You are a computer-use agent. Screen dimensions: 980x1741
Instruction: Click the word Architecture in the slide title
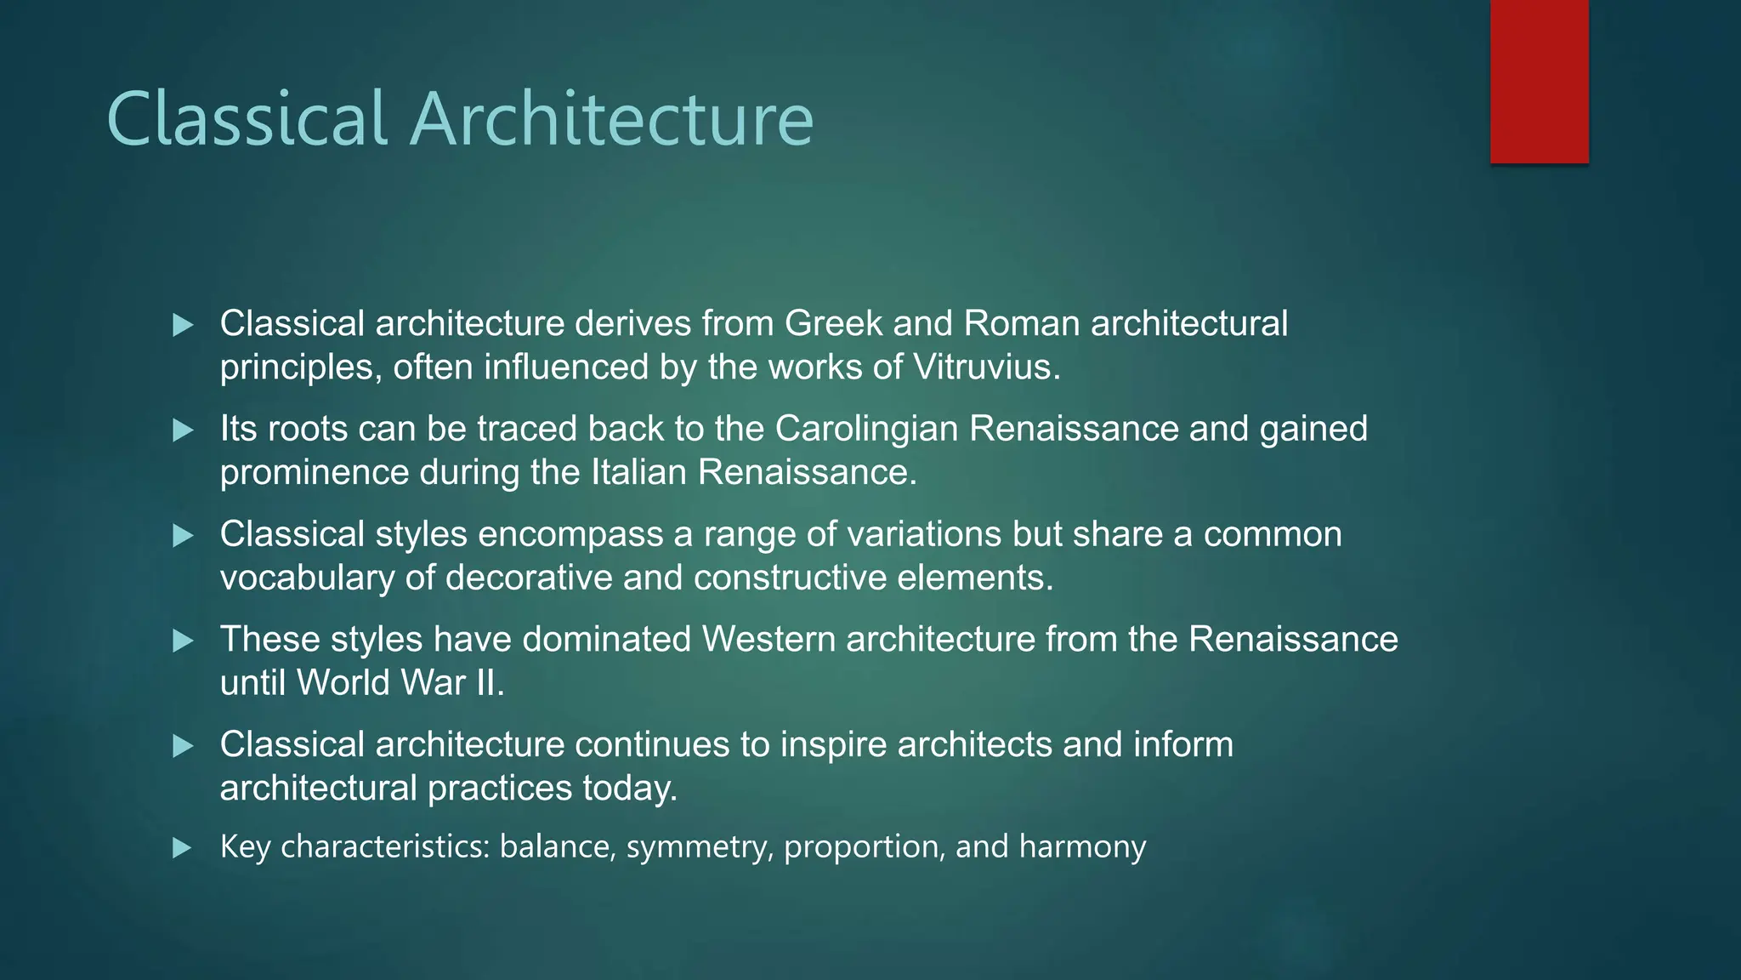(611, 119)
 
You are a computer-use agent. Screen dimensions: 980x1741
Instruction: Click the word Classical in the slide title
(247, 119)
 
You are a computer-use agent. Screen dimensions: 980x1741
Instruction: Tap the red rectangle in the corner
(1539, 82)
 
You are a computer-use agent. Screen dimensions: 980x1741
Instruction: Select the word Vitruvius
(985, 367)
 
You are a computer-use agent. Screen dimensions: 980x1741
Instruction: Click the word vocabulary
(307, 578)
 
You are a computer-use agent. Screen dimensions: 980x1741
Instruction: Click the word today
(630, 789)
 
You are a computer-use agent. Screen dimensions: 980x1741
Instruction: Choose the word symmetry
(700, 847)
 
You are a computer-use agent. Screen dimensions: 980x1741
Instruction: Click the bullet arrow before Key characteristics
(183, 848)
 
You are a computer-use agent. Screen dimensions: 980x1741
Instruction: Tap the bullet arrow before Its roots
(183, 430)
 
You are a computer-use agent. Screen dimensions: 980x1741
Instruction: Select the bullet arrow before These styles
(183, 641)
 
